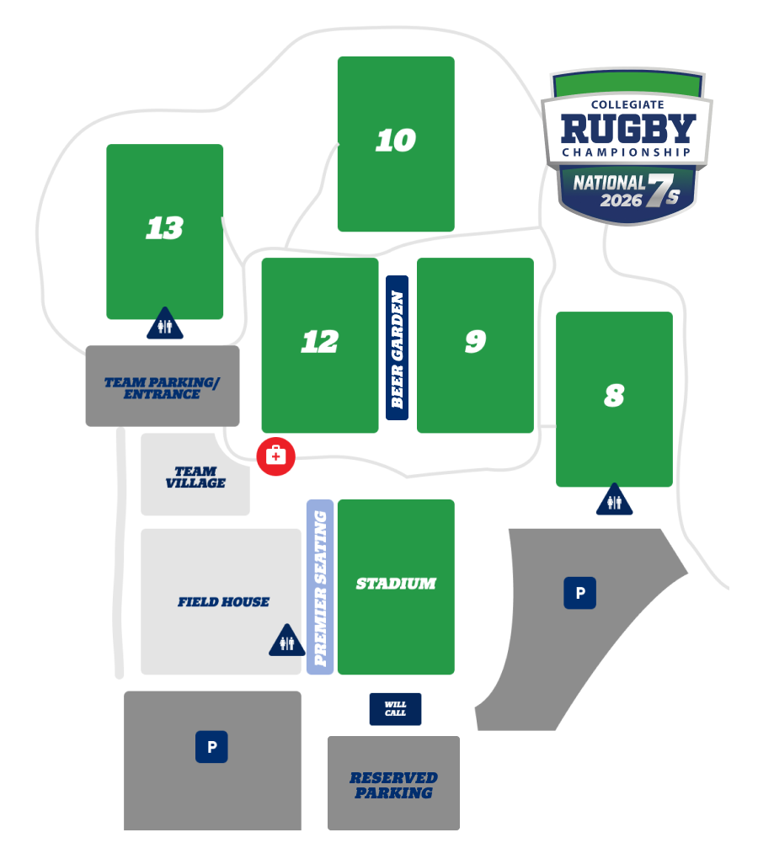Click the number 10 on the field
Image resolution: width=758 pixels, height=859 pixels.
[x=396, y=141]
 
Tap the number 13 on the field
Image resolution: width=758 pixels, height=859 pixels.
[x=164, y=228]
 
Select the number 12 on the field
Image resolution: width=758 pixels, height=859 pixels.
[x=320, y=342]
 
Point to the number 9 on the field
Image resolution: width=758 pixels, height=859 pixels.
[x=475, y=342]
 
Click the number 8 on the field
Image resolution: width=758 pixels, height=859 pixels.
[x=614, y=397]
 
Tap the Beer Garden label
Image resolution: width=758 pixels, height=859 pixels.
[x=397, y=348]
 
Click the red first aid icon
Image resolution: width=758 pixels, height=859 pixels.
[x=275, y=456]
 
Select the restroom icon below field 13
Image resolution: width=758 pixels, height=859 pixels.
[x=165, y=325]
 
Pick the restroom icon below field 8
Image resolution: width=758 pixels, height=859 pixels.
[x=614, y=501]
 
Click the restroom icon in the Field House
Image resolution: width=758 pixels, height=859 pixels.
[x=287, y=642]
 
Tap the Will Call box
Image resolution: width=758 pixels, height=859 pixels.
[x=395, y=709]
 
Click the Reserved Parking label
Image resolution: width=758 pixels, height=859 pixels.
[x=393, y=785]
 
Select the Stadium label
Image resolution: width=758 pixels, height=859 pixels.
[x=396, y=584]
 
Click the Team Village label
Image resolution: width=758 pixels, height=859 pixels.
[x=195, y=478]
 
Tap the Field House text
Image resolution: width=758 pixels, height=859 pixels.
[x=223, y=602]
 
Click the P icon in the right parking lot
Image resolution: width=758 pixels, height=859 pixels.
[x=579, y=594]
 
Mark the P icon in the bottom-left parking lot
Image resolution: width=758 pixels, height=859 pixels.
[x=211, y=747]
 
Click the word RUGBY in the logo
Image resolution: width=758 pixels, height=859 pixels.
[x=628, y=128]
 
